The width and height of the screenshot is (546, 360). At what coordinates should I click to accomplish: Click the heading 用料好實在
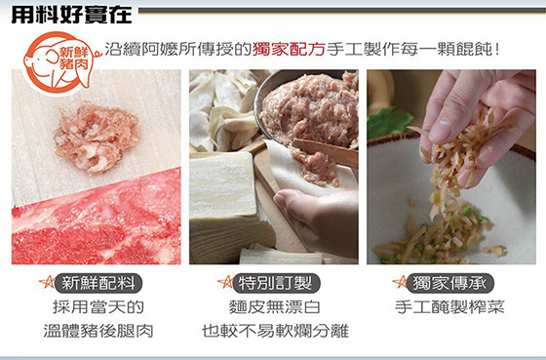pos(72,15)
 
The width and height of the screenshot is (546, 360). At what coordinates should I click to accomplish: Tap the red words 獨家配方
pos(289,50)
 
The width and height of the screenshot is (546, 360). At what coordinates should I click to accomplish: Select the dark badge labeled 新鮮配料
pos(98,283)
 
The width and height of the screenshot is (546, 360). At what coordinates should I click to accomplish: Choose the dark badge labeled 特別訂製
pos(276,283)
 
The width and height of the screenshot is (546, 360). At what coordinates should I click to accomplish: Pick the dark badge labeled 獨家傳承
pos(449,283)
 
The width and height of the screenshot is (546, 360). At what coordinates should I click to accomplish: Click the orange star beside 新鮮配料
pos(47,282)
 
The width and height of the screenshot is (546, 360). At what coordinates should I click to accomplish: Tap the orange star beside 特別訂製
pos(225,282)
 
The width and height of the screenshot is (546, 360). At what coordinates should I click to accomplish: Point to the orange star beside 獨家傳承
pos(400,282)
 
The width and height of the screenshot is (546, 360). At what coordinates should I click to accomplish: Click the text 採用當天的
pos(98,307)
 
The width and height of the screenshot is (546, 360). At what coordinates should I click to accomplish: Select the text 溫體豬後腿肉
pos(98,331)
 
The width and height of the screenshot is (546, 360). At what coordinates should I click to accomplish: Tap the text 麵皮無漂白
pos(275,307)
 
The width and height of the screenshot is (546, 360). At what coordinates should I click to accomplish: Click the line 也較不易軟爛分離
pos(275,331)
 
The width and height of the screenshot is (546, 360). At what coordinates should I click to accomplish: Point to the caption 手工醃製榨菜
pos(449,307)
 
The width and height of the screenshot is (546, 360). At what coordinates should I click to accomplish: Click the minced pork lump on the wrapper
pos(96,137)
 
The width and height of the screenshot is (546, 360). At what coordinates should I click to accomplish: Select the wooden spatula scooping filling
pos(324,152)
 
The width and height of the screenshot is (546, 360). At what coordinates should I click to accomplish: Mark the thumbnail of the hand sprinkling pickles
pos(451,167)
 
